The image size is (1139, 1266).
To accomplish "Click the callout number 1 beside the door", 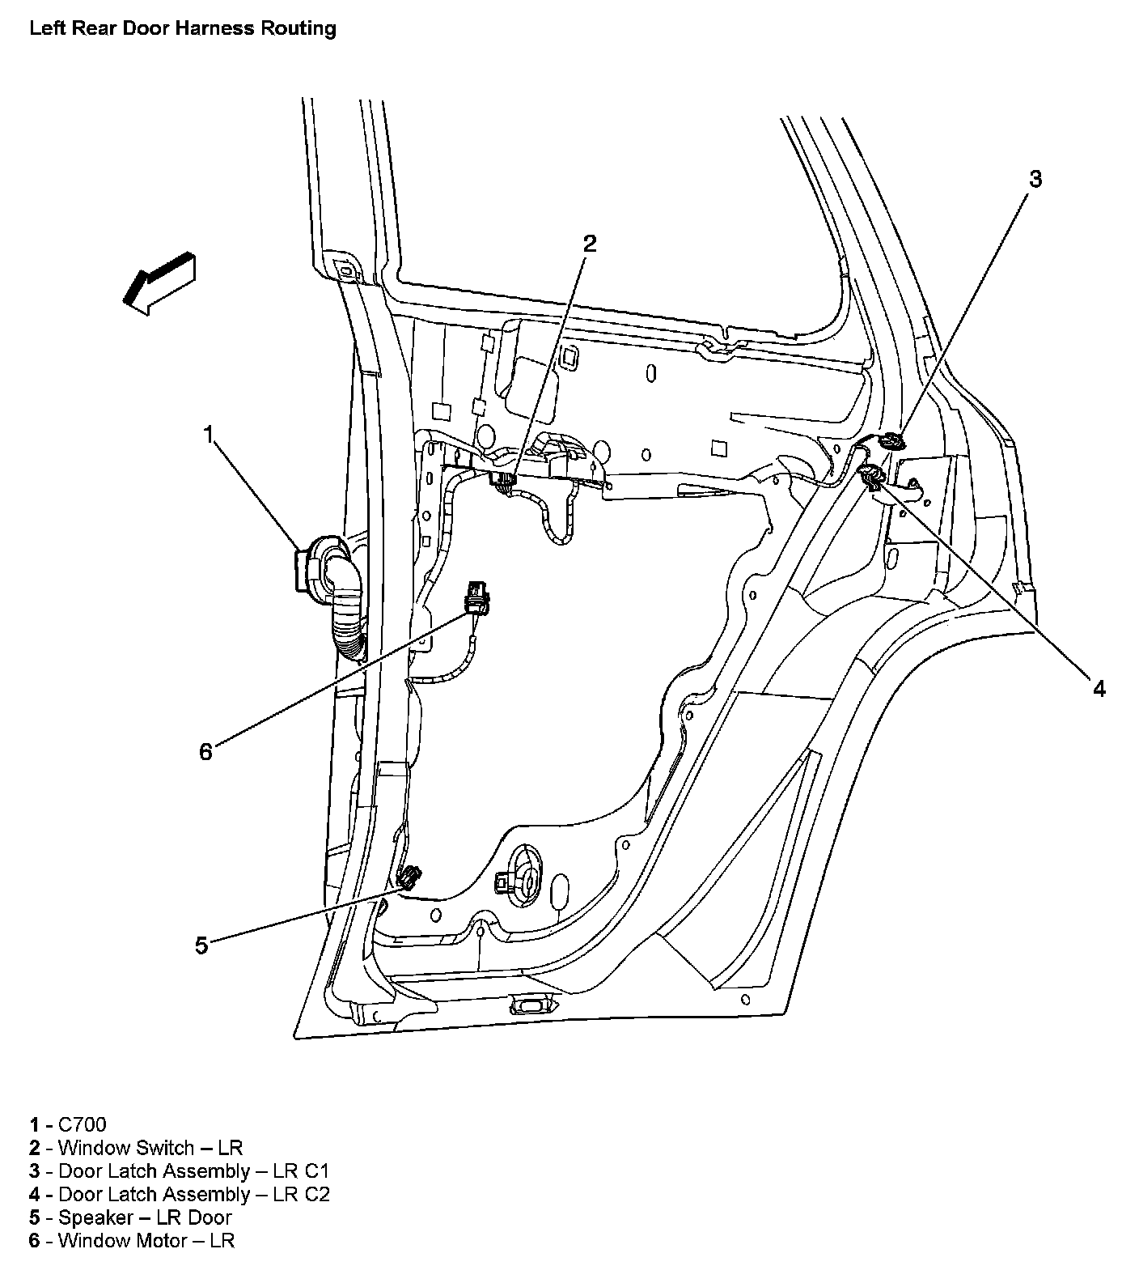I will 209,435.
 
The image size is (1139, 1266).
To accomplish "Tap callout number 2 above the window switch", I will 590,244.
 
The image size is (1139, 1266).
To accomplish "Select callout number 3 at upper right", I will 1035,180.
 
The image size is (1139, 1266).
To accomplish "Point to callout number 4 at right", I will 1099,688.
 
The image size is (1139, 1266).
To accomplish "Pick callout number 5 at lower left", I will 201,945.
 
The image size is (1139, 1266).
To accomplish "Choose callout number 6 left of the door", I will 205,752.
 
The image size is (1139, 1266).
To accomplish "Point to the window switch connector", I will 503,481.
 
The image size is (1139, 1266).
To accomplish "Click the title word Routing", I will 299,28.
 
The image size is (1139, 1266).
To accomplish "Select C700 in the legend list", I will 83,1124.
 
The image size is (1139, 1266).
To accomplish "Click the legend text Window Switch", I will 126,1148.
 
